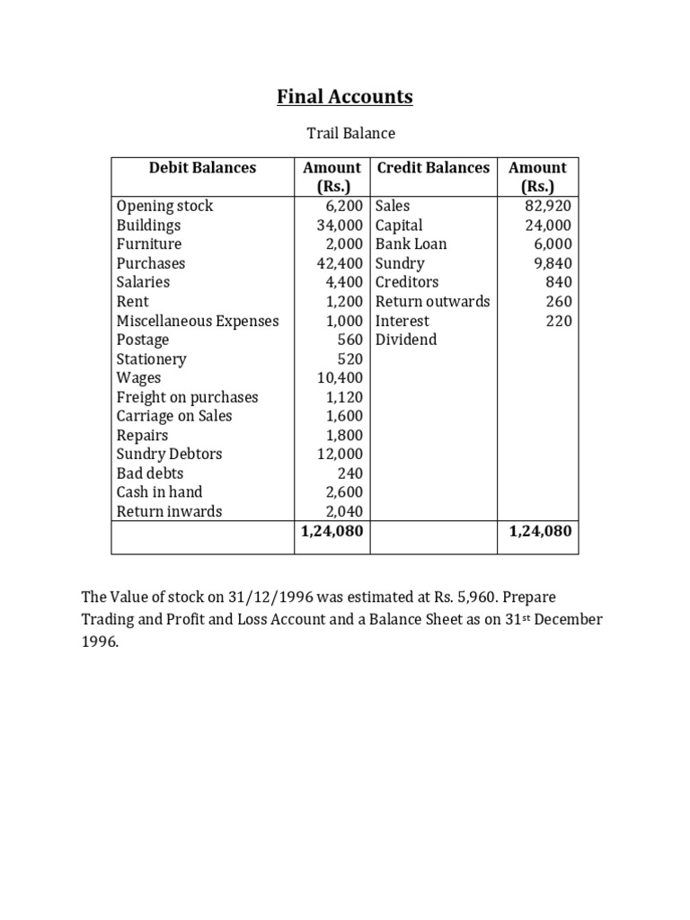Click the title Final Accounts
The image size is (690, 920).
point(345,96)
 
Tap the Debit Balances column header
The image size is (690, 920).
point(202,167)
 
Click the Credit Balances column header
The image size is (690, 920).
point(433,167)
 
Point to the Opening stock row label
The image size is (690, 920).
point(164,206)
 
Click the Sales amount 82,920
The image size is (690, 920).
point(547,206)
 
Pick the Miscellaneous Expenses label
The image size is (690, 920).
point(198,321)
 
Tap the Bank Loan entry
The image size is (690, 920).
point(411,243)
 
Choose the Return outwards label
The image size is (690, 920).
point(432,301)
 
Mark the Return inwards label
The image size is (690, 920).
point(169,511)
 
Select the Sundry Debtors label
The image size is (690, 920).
point(169,454)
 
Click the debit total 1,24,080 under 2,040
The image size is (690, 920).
point(332,531)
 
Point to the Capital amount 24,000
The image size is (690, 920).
point(548,226)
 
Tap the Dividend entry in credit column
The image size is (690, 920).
point(406,340)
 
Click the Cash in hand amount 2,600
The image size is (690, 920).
point(344,492)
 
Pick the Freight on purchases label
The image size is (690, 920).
point(187,397)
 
